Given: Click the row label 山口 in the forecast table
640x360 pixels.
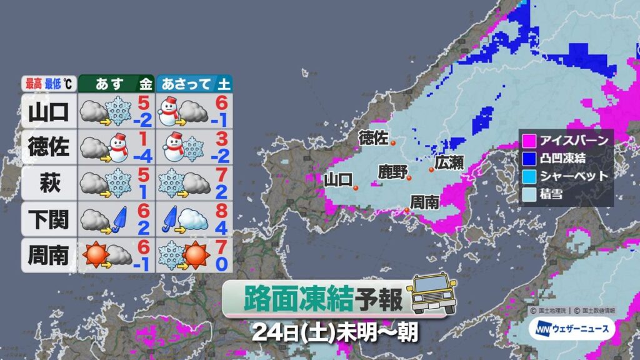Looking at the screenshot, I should [x=48, y=111].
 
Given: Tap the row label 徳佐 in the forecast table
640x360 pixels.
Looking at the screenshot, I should [x=48, y=147].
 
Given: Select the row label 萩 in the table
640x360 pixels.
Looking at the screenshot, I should [x=48, y=184].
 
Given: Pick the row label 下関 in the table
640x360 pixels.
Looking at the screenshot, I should [x=48, y=219].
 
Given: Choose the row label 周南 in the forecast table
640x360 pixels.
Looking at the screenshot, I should [x=48, y=255].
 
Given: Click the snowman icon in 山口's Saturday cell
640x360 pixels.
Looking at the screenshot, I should [x=171, y=111].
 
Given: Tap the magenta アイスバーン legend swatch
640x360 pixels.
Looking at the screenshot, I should [x=529, y=139].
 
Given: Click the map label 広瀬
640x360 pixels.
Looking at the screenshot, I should [x=450, y=162].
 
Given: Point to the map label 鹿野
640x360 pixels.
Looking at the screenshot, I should [x=392, y=171].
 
